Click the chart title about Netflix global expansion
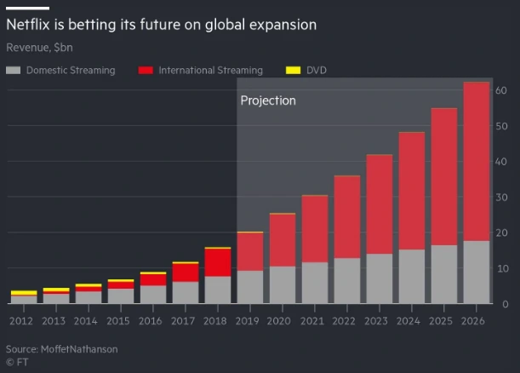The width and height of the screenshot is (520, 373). (x=162, y=25)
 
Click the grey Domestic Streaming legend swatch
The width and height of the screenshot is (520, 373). (x=14, y=71)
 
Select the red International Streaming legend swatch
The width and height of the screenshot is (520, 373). (x=146, y=71)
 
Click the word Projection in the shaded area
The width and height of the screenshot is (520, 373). (x=268, y=100)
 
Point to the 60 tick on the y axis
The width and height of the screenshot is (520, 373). (x=501, y=90)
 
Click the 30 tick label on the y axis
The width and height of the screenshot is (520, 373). (x=501, y=197)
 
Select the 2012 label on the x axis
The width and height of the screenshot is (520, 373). (x=23, y=321)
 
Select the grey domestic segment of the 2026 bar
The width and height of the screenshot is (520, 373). (x=476, y=273)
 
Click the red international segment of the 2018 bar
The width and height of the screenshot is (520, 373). (x=217, y=262)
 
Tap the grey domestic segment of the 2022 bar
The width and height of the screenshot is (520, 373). (x=346, y=281)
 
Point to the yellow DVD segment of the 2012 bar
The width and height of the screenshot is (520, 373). (x=23, y=293)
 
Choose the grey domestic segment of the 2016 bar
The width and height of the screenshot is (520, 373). (x=152, y=295)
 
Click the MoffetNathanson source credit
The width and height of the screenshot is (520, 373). (x=62, y=349)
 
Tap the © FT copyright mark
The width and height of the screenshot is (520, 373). (x=16, y=362)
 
